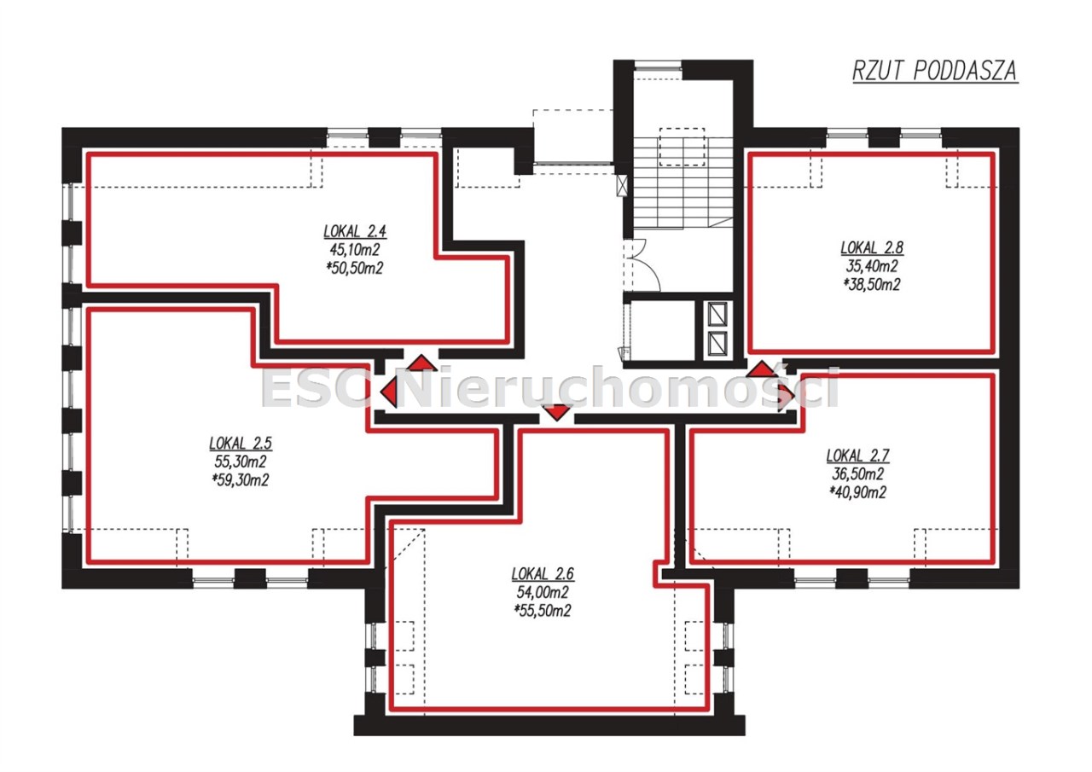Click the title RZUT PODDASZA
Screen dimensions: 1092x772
[935, 71]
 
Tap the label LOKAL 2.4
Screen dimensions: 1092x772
[355, 231]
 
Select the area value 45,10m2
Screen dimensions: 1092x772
[355, 250]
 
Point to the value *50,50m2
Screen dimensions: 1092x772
[355, 268]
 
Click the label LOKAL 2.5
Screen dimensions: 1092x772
[241, 443]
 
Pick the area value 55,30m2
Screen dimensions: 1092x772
[241, 461]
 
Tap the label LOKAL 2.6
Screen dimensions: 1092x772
[543, 573]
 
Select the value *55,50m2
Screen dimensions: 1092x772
[543, 611]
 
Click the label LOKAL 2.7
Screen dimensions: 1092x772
[858, 456]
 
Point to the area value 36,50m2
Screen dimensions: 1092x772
[858, 474]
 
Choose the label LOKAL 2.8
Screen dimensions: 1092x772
[872, 248]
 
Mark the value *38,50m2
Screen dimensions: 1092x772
[872, 285]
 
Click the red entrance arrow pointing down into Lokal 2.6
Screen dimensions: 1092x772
[557, 412]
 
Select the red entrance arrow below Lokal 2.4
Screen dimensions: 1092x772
[422, 363]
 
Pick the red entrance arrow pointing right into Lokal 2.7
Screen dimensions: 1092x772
[786, 392]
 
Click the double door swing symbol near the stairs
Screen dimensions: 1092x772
[642, 265]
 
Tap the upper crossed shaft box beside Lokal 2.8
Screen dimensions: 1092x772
[717, 315]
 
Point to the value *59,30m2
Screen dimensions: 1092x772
[241, 480]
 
